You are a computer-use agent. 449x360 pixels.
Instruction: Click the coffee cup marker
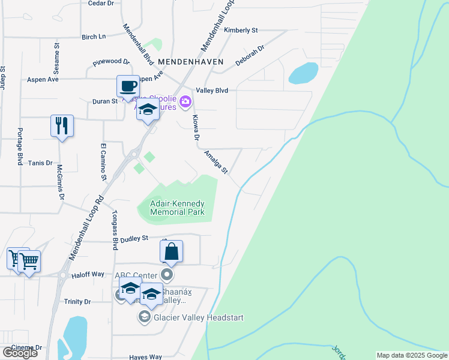click(x=127, y=86)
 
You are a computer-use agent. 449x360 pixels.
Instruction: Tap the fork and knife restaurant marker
click(x=62, y=125)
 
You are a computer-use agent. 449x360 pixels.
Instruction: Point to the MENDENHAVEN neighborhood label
click(x=191, y=62)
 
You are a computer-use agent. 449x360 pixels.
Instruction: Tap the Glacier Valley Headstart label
click(x=199, y=317)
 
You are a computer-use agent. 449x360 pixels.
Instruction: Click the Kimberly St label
click(x=241, y=30)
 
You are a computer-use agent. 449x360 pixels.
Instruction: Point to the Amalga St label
click(x=215, y=163)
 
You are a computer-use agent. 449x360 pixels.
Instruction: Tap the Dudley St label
click(x=134, y=239)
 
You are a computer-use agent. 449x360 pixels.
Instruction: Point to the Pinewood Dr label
click(x=111, y=62)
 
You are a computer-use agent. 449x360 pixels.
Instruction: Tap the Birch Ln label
click(x=94, y=37)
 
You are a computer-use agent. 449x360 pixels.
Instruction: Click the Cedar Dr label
click(x=101, y=4)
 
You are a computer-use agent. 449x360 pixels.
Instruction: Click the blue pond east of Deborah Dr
click(x=303, y=73)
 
